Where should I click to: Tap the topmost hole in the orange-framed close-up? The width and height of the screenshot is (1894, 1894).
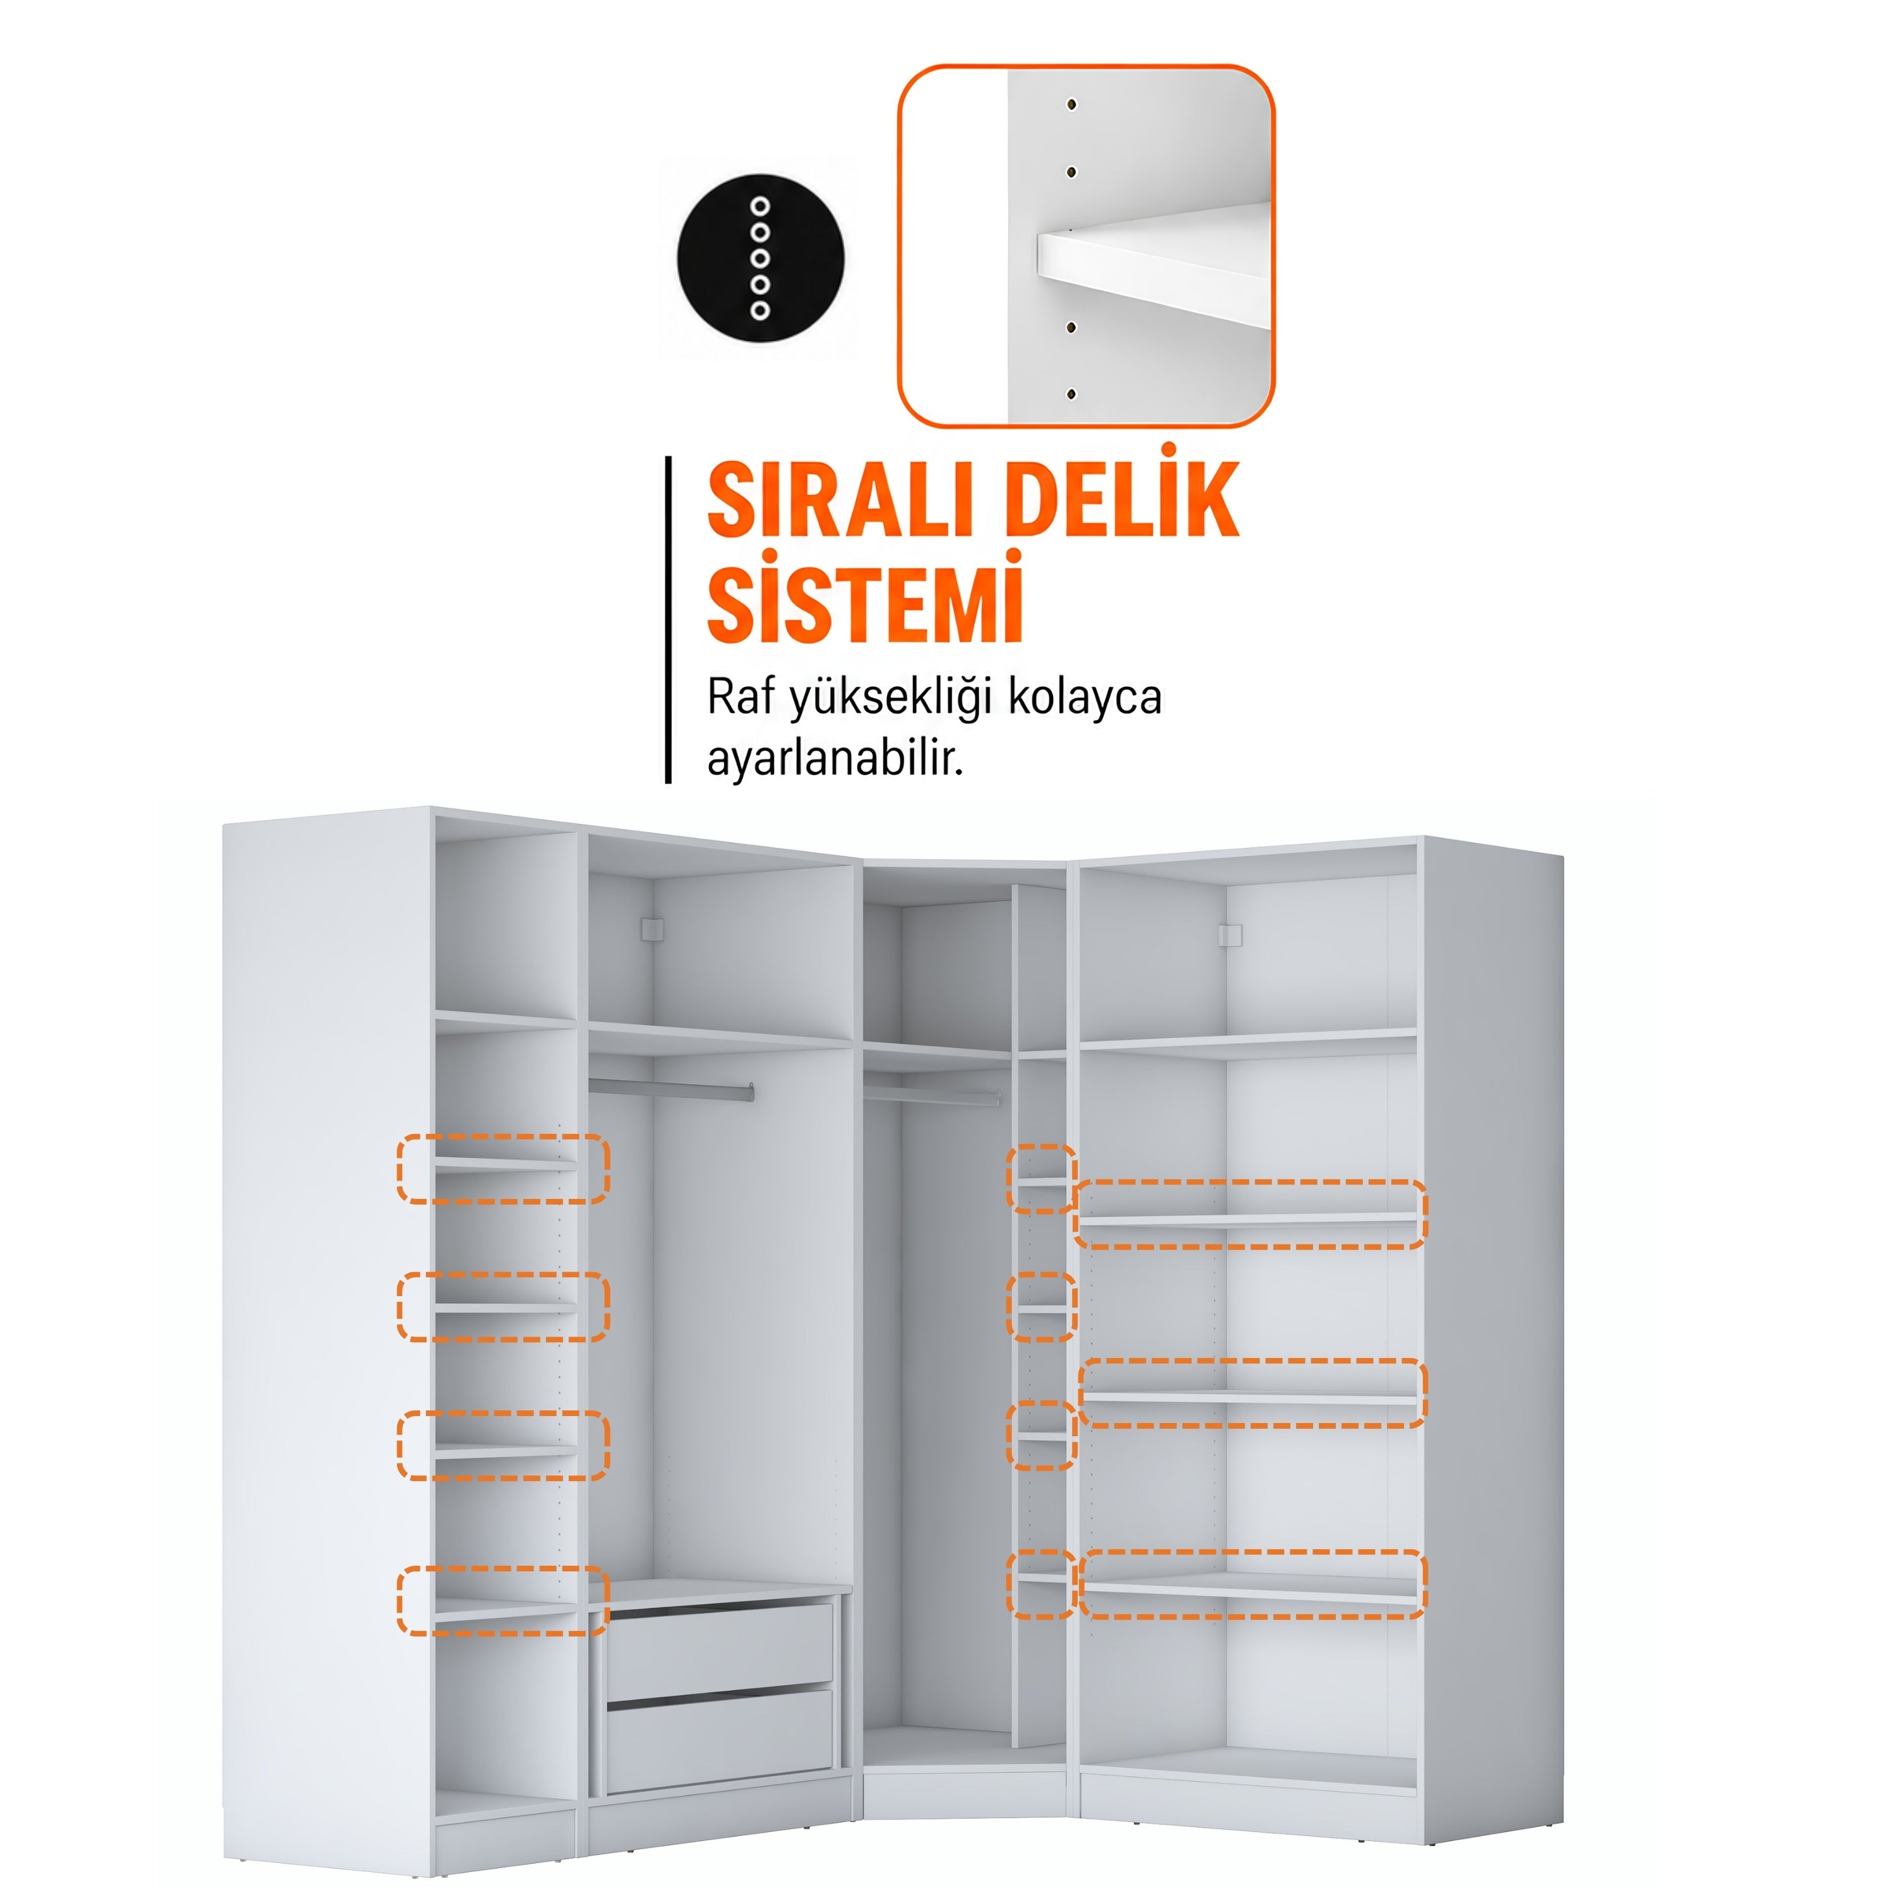[x=1071, y=104]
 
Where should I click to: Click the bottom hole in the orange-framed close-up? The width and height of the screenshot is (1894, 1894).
[x=1071, y=394]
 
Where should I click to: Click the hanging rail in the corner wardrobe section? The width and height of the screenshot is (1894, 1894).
[x=931, y=1092]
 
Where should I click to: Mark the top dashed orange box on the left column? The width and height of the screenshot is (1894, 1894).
[x=503, y=1169]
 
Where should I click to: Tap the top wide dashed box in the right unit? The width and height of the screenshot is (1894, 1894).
[x=1250, y=1215]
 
